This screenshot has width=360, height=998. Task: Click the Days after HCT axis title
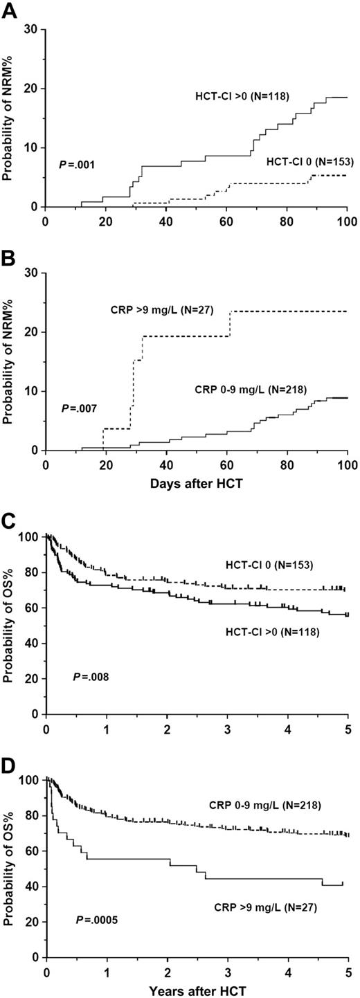(x=195, y=482)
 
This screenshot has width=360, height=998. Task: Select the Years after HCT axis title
(x=195, y=990)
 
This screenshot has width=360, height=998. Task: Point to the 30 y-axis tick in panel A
(x=30, y=30)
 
